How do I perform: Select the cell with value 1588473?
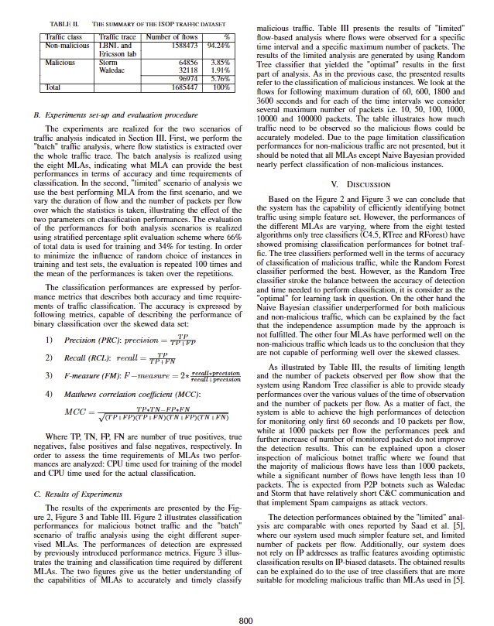[x=179, y=45]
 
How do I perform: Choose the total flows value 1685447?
[x=179, y=87]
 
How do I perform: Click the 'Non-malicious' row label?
[x=67, y=45]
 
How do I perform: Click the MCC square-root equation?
[x=161, y=412]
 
